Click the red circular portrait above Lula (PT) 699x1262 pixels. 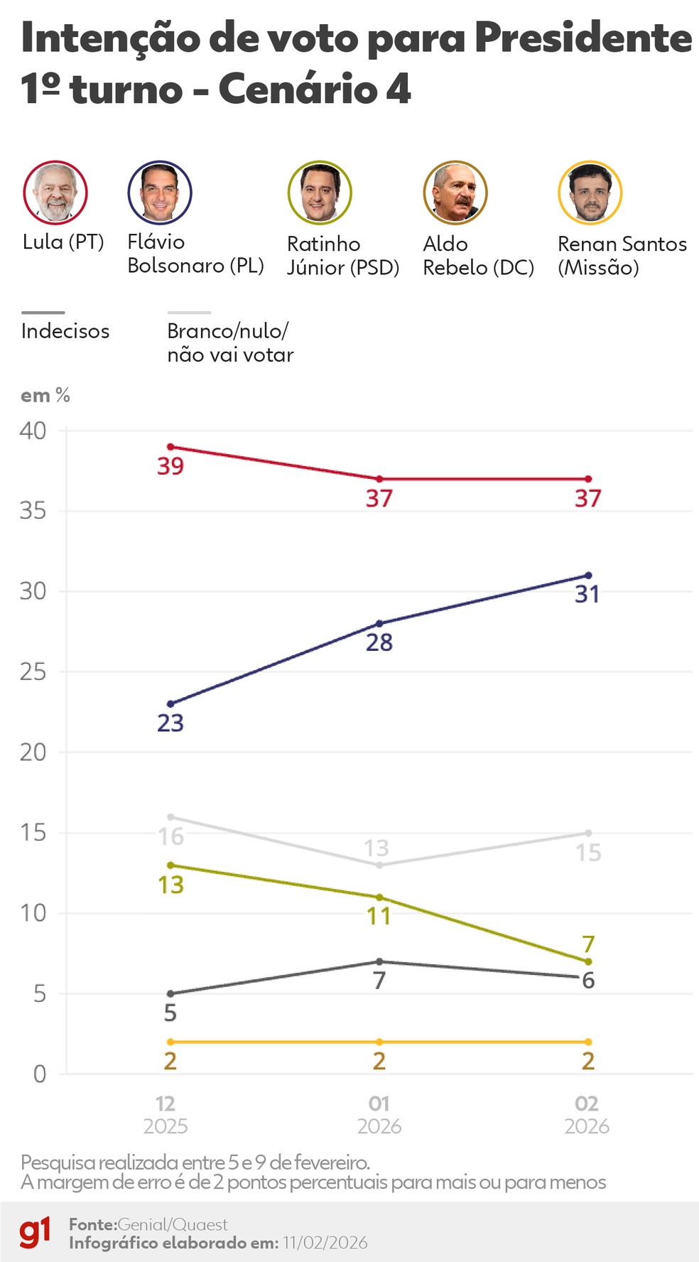coord(55,193)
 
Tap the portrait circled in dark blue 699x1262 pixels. coord(160,193)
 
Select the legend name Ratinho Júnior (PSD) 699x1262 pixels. coord(342,256)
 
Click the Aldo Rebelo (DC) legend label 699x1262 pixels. coord(478,256)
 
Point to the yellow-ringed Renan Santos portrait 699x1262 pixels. coord(590,193)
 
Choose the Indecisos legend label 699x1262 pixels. coord(65,331)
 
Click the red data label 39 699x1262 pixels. coord(170,466)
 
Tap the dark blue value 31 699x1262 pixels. coord(587,594)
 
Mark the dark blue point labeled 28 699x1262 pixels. coord(379,624)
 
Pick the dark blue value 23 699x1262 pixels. coord(170,723)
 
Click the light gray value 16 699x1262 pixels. coord(171,836)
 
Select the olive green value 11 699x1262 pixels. coord(379,916)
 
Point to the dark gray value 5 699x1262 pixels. coord(170,1013)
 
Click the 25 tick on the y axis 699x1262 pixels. coord(33,672)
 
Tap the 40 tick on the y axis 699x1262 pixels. coord(33,431)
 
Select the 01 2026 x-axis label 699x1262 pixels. coord(379,1114)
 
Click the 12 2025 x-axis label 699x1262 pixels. coord(166,1114)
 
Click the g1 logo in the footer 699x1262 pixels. coord(35,1233)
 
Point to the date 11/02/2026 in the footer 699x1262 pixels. coord(325,1243)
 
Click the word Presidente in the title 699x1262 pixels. coord(582,38)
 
